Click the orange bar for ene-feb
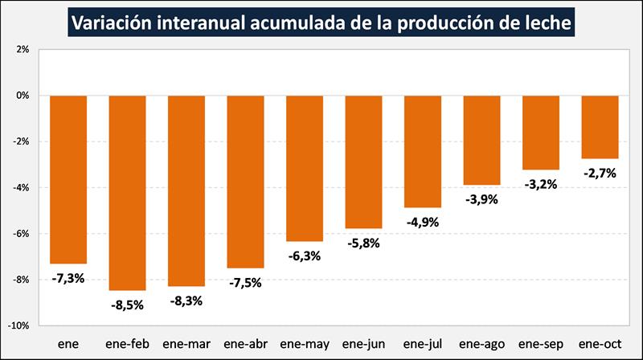coord(127,192)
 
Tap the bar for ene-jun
coord(363,162)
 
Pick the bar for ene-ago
coord(481,140)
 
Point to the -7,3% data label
coord(68,278)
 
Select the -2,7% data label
coord(600,173)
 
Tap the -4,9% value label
coord(422,222)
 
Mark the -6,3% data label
coord(304,256)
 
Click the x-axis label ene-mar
coord(186,344)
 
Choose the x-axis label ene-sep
coord(540,344)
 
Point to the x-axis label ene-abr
coord(245,344)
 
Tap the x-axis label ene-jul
coord(422,344)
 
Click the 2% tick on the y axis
coord(22,49)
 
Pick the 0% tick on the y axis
coord(22,96)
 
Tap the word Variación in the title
coord(106,23)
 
